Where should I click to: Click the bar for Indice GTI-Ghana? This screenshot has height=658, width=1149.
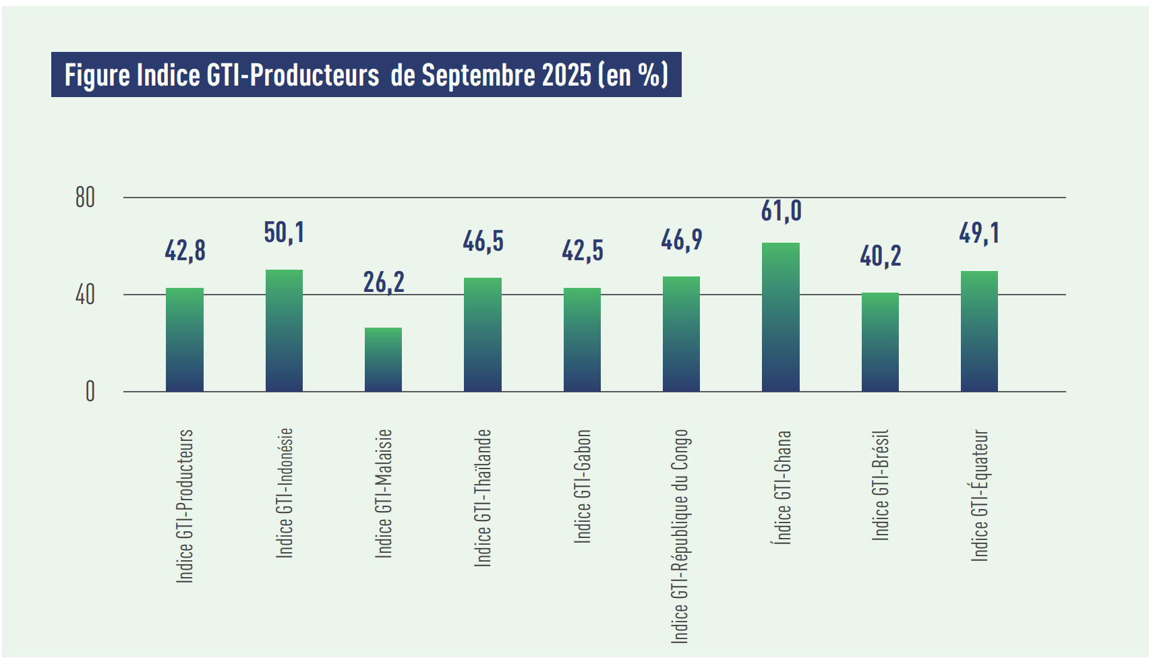coord(781,317)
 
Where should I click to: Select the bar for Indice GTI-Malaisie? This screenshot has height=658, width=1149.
coord(383,359)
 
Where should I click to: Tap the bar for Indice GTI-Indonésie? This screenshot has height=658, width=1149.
coord(284,330)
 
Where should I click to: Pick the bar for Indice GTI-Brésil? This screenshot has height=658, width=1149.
coord(880,342)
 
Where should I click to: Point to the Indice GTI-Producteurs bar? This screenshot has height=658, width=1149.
coord(185,340)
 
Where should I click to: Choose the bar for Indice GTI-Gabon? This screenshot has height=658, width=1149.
coord(582,340)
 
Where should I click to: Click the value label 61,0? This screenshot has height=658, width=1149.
coord(782,211)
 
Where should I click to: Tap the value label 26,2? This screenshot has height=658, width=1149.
coord(384,282)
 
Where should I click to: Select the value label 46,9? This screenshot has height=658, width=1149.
coord(682,240)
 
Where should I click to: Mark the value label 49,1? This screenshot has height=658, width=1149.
coord(979,233)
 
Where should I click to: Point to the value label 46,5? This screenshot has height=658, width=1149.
coord(483,241)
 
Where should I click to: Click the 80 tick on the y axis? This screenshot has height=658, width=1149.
coord(85,198)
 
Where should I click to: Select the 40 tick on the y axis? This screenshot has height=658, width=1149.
coord(85,295)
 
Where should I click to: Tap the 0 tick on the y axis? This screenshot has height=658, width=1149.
coord(90,392)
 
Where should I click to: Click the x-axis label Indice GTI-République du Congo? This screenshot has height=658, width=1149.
coord(680,536)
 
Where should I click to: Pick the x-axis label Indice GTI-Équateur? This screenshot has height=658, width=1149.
coord(979,496)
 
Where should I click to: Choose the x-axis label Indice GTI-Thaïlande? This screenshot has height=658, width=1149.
coord(483,498)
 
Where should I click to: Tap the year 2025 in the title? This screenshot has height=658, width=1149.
coord(566,75)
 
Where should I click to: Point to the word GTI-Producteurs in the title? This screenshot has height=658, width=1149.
coord(293,75)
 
